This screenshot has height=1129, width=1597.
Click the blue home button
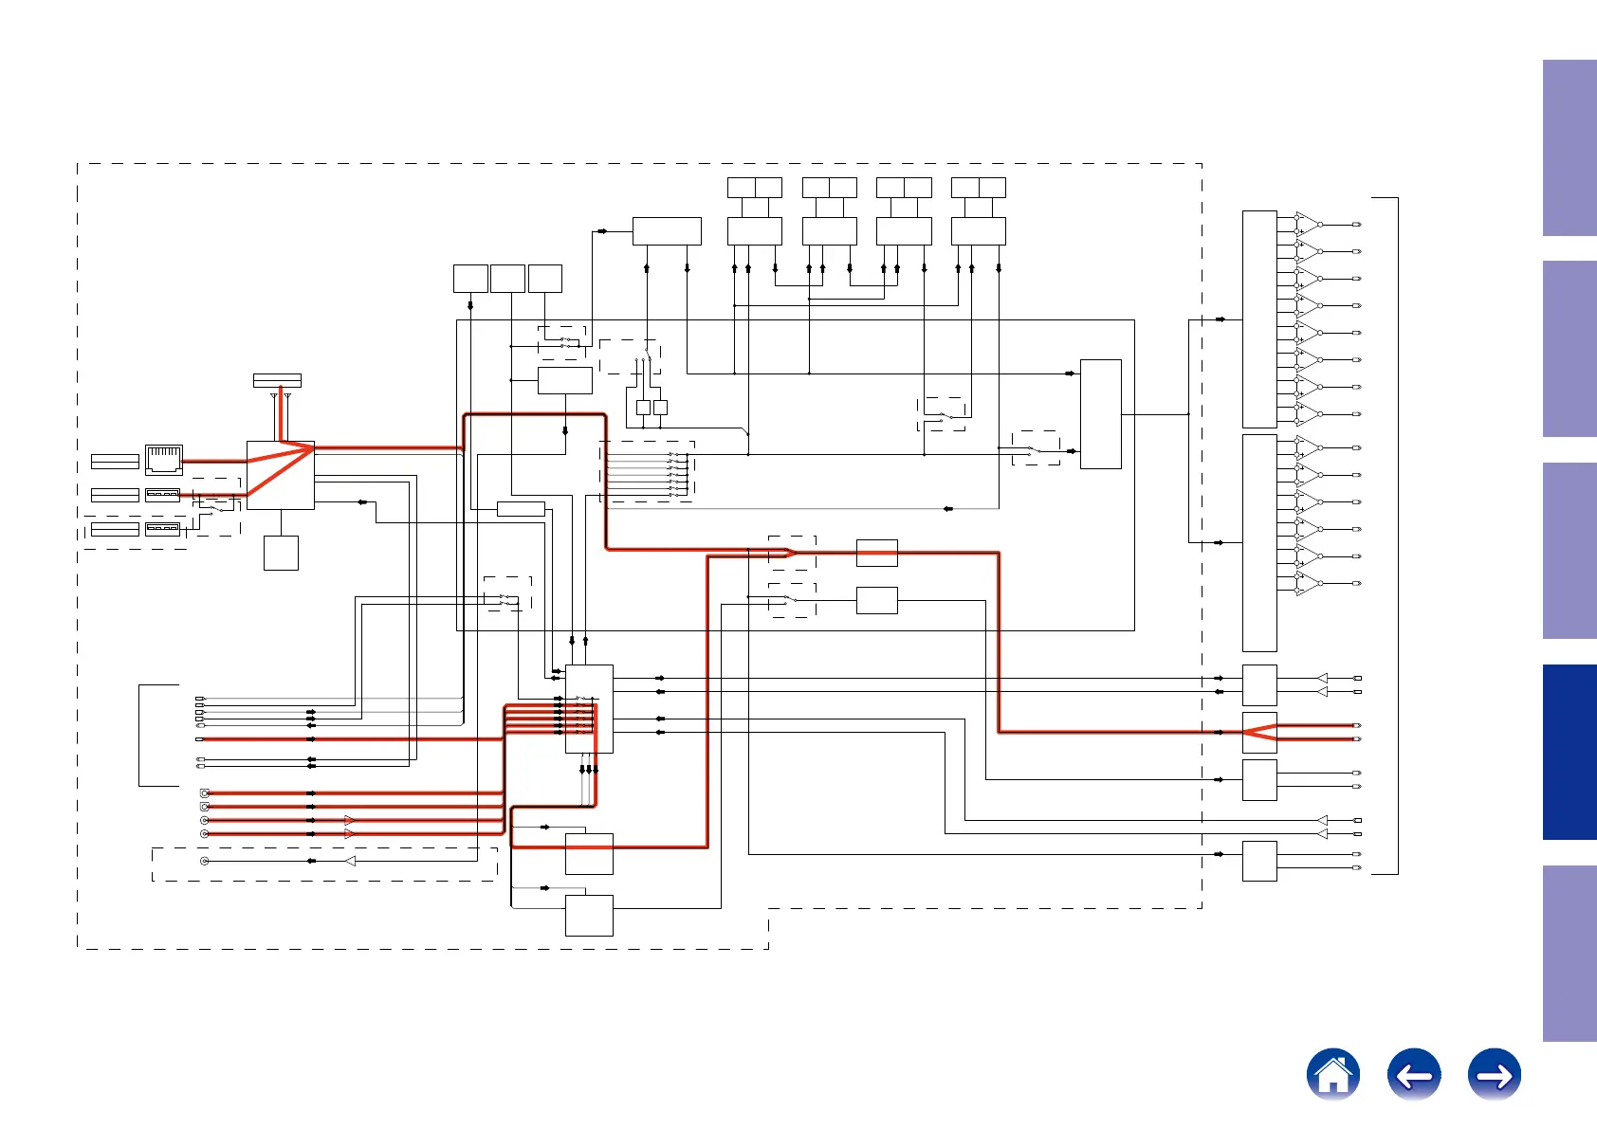tap(1332, 1075)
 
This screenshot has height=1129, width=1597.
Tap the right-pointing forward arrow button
tap(1494, 1075)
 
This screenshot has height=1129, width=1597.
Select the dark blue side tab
tap(1569, 752)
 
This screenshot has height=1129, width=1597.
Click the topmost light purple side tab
tap(1569, 148)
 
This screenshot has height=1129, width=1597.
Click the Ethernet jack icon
tap(163, 460)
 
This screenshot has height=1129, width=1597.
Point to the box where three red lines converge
tap(281, 475)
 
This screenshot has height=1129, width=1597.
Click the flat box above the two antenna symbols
tap(277, 380)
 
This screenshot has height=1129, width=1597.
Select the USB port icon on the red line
tap(162, 495)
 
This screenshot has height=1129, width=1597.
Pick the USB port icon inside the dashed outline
tap(162, 528)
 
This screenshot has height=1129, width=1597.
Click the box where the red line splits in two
tap(1259, 732)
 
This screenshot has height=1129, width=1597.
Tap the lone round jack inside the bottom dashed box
tap(204, 861)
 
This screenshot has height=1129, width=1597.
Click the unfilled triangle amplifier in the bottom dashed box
tap(350, 861)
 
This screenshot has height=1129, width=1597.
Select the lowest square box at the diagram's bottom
tap(589, 915)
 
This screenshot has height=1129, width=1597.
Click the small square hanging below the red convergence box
tap(281, 553)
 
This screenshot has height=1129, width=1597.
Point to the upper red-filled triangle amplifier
tap(350, 820)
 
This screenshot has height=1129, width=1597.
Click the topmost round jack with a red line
tap(204, 792)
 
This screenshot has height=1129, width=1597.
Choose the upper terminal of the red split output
tap(1357, 725)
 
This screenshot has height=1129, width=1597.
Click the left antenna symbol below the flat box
tap(274, 396)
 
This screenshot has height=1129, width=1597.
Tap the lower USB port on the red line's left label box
tap(115, 495)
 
